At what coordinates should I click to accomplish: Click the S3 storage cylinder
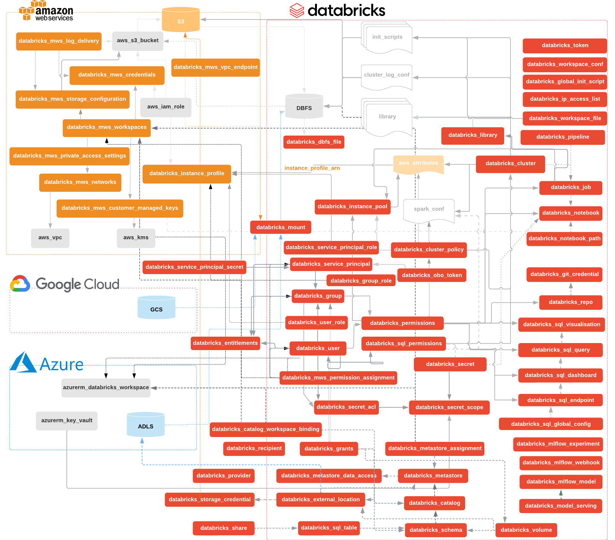tap(181, 20)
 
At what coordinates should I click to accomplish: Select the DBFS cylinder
tap(304, 107)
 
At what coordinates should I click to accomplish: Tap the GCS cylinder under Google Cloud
tap(156, 308)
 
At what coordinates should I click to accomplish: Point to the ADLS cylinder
tap(145, 425)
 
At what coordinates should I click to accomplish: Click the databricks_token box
tap(565, 45)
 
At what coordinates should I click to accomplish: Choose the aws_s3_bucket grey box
tap(137, 41)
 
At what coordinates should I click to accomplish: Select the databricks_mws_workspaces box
tap(106, 127)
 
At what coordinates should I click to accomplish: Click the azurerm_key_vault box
tap(66, 420)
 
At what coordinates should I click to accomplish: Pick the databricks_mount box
tap(281, 227)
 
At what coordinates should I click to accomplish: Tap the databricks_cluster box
tap(510, 164)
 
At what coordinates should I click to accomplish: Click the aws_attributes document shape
tap(418, 164)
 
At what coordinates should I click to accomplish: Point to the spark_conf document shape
tap(429, 210)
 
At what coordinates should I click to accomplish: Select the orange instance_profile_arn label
tap(312, 168)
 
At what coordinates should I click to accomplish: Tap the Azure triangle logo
tap(23, 363)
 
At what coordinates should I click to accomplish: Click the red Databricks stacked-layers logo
tap(296, 11)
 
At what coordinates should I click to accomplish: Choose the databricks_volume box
tap(526, 530)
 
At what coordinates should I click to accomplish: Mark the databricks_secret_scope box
tap(449, 407)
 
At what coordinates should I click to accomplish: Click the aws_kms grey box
tap(136, 238)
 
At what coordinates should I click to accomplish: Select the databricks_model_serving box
tap(560, 506)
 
